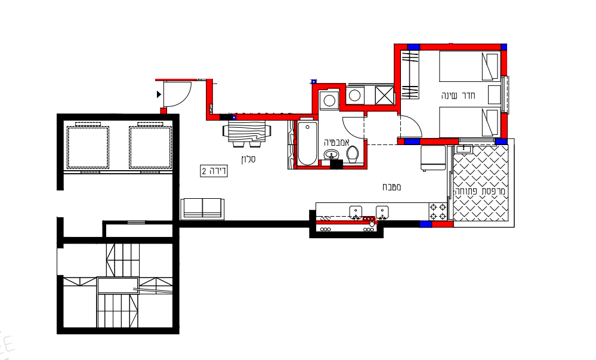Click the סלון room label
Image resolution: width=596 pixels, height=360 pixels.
[x=248, y=159]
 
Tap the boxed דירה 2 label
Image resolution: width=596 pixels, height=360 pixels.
[x=214, y=171]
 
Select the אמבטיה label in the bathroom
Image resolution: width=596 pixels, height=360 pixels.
[x=336, y=142]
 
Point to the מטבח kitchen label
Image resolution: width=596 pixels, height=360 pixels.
[x=391, y=187]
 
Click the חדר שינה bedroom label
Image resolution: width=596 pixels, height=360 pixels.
[x=458, y=95]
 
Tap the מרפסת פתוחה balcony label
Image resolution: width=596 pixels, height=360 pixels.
[x=480, y=191]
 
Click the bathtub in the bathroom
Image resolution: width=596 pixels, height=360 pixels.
[x=307, y=143]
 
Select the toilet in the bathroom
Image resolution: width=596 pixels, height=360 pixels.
[x=353, y=155]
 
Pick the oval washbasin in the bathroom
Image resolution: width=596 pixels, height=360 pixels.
[x=332, y=155]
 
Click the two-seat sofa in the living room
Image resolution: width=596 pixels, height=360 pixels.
[x=202, y=208]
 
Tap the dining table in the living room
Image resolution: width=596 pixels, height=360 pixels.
[x=246, y=131]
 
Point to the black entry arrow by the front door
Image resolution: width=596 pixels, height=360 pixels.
[x=159, y=94]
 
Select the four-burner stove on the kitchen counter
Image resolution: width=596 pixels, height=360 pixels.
[x=438, y=211]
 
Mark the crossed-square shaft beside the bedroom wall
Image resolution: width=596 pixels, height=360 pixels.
[x=384, y=95]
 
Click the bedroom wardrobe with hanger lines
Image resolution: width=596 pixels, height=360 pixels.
[x=410, y=75]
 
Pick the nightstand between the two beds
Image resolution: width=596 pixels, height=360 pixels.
[x=495, y=95]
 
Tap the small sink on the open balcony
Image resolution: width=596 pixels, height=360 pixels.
[x=464, y=149]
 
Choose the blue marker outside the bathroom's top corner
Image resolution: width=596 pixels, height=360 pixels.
[x=314, y=81]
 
